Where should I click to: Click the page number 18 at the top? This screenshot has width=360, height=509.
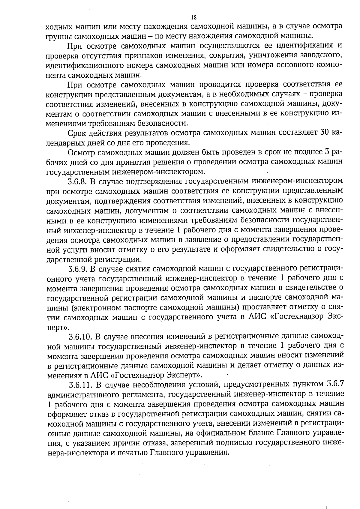click(x=193, y=17)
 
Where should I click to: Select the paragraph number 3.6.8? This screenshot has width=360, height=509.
click(x=77, y=181)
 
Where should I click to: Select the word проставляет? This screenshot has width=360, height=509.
click(x=269, y=307)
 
